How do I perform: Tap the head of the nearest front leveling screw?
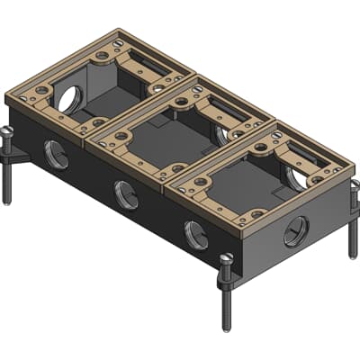tap(225, 260)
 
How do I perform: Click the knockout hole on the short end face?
tap(295, 232)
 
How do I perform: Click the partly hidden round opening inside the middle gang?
tap(222, 134)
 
